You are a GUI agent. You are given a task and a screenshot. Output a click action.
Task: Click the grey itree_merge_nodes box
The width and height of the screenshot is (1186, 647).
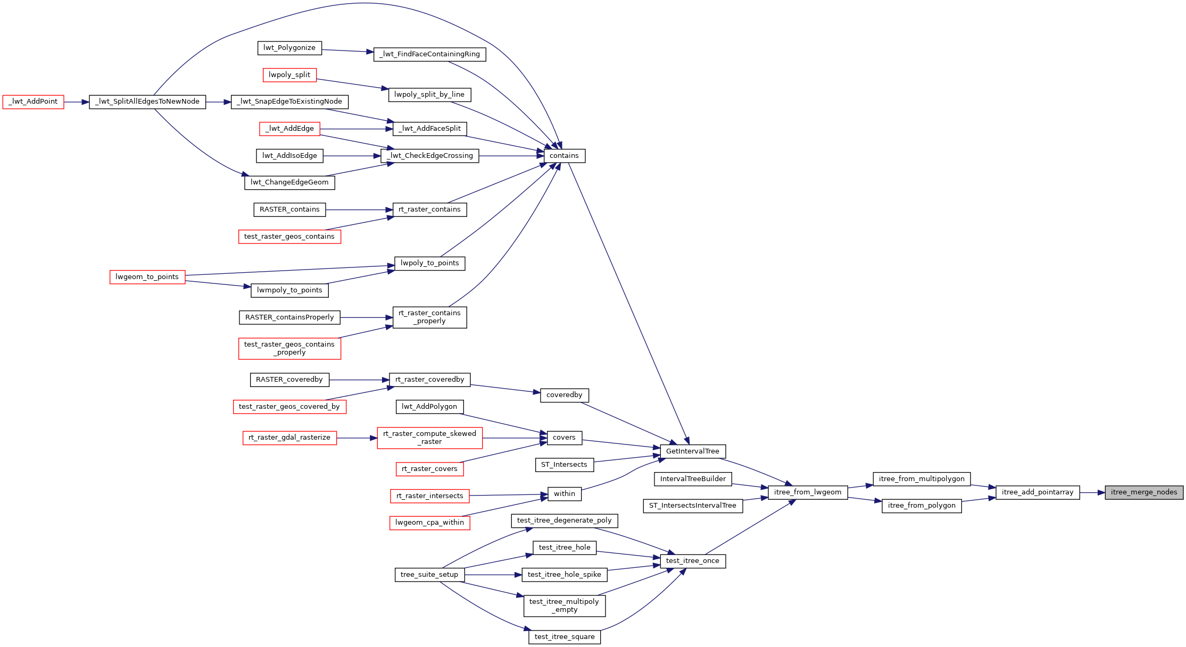click(x=1144, y=492)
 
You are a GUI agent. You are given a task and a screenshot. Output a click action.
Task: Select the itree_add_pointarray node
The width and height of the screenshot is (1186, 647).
click(x=1037, y=492)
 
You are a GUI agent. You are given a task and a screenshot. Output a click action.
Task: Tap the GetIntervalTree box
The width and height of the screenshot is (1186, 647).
click(x=692, y=451)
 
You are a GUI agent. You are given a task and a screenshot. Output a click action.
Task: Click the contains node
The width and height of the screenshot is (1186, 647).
click(x=564, y=156)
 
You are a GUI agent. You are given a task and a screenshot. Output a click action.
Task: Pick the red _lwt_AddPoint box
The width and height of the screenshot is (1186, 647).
click(x=33, y=102)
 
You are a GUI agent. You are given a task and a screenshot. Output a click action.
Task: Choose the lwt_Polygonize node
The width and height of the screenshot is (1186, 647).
click(x=289, y=48)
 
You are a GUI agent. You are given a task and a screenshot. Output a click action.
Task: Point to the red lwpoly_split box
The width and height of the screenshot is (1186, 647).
click(x=289, y=75)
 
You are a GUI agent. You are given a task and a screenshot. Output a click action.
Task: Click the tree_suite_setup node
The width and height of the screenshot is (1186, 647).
click(x=429, y=575)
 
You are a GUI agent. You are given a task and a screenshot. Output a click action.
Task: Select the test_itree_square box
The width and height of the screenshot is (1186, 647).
click(x=565, y=637)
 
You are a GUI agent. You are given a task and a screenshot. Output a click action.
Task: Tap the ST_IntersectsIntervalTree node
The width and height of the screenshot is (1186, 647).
click(x=692, y=506)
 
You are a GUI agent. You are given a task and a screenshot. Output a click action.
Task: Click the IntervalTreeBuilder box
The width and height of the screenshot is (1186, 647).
click(x=693, y=479)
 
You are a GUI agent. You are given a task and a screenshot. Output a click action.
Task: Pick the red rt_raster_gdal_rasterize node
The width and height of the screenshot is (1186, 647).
click(x=289, y=438)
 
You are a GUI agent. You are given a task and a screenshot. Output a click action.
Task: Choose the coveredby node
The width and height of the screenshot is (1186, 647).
click(x=565, y=395)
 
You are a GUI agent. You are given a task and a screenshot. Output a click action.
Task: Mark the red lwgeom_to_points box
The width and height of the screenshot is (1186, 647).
click(x=147, y=277)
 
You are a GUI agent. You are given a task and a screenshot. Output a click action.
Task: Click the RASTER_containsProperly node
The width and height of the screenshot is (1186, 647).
click(x=289, y=317)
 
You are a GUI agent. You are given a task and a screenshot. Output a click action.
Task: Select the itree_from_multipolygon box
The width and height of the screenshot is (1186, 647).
click(x=922, y=479)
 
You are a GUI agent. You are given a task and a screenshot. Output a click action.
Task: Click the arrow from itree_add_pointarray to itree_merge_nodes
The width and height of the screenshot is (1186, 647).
click(x=1092, y=492)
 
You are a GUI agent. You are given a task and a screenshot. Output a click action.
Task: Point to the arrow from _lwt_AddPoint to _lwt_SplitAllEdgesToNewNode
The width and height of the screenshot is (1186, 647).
click(x=76, y=102)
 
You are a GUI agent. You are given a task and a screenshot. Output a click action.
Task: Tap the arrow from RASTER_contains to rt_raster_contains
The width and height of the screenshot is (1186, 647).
click(x=359, y=209)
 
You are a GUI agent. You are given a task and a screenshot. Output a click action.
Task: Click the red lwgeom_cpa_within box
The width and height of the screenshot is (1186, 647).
click(x=429, y=523)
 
